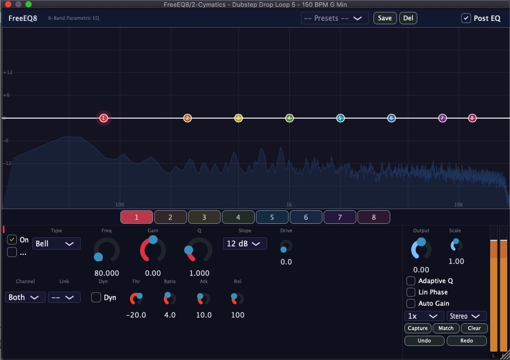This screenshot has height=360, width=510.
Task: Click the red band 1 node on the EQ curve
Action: (103, 118)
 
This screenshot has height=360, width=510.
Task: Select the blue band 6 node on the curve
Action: (391, 118)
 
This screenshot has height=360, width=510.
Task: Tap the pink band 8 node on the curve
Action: (472, 118)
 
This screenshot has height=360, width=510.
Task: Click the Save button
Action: (385, 18)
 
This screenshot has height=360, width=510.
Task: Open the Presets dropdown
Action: (334, 18)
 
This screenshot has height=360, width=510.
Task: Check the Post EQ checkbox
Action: (466, 18)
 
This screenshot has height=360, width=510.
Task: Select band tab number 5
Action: (272, 217)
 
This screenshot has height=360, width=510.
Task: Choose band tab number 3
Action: (204, 217)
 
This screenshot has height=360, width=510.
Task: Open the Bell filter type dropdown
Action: (56, 244)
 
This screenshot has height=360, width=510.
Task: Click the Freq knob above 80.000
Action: (107, 250)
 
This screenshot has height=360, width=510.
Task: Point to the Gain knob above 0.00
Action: (153, 249)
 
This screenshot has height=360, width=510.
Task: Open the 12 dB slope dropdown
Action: (245, 244)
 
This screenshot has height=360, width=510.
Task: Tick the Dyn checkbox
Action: (96, 297)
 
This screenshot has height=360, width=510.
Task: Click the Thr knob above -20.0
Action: (136, 298)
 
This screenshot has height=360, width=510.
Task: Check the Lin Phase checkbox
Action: (411, 292)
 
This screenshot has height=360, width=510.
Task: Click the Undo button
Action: (424, 340)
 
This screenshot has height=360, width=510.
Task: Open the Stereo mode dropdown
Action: (467, 316)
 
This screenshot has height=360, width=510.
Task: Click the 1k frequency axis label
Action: (289, 205)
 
